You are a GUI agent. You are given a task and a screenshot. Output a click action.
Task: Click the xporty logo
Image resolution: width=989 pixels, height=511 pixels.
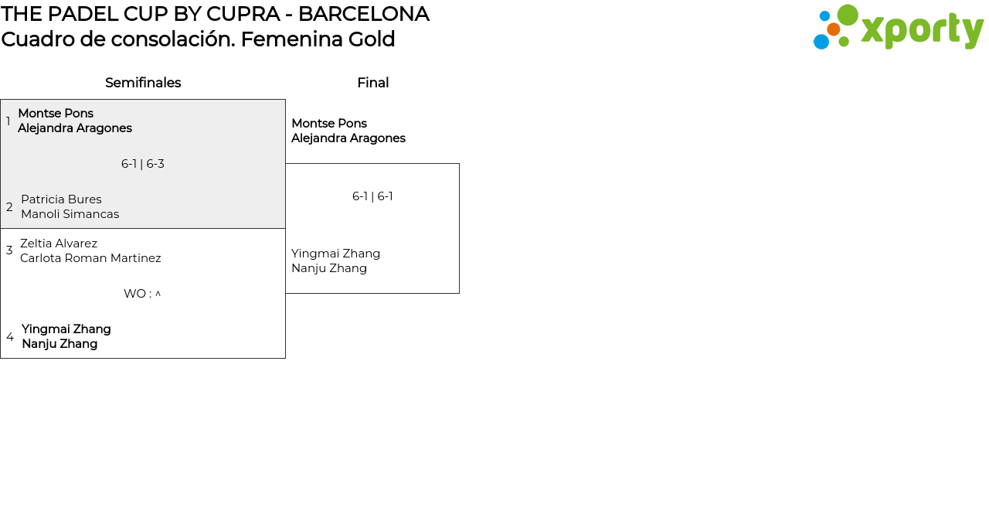[898, 28]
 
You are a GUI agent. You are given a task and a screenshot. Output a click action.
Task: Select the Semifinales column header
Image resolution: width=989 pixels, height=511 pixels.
[143, 83]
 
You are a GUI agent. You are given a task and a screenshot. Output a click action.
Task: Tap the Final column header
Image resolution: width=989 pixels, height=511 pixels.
[372, 83]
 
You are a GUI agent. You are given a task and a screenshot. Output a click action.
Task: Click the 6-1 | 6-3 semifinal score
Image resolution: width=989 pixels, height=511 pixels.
[143, 164]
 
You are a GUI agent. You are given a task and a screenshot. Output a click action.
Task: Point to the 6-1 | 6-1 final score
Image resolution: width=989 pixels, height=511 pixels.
[372, 196]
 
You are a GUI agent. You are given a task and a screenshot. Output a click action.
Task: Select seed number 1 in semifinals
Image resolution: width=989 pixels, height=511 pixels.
[8, 121]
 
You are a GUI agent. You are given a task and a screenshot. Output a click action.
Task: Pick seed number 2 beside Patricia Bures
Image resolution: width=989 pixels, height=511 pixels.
[9, 207]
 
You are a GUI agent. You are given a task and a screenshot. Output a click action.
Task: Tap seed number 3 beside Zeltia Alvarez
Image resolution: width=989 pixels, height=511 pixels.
[9, 250]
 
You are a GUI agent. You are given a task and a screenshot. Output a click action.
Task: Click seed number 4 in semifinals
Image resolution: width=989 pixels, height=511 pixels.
[10, 337]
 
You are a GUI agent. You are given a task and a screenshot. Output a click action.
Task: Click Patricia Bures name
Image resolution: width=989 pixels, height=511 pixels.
[61, 199]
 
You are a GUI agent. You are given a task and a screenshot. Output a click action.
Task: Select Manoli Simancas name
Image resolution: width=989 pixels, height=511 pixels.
[70, 214]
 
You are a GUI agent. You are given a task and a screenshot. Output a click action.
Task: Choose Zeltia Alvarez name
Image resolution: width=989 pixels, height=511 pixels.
[59, 244]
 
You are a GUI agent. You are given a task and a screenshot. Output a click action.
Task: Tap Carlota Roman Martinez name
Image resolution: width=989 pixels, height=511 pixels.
[90, 258]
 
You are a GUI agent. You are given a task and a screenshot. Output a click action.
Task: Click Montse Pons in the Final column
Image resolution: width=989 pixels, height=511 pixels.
[329, 124]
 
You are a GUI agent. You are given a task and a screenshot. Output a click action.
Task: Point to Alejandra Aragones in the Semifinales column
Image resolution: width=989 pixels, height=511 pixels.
[75, 128]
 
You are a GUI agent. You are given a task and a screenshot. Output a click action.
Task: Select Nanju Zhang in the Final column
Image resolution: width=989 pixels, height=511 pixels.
[329, 268]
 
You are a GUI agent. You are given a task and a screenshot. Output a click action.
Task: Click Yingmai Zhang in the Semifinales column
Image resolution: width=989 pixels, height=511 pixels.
[66, 329]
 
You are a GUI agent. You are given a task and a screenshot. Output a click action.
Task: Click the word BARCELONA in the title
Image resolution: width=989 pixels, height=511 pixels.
[363, 14]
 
